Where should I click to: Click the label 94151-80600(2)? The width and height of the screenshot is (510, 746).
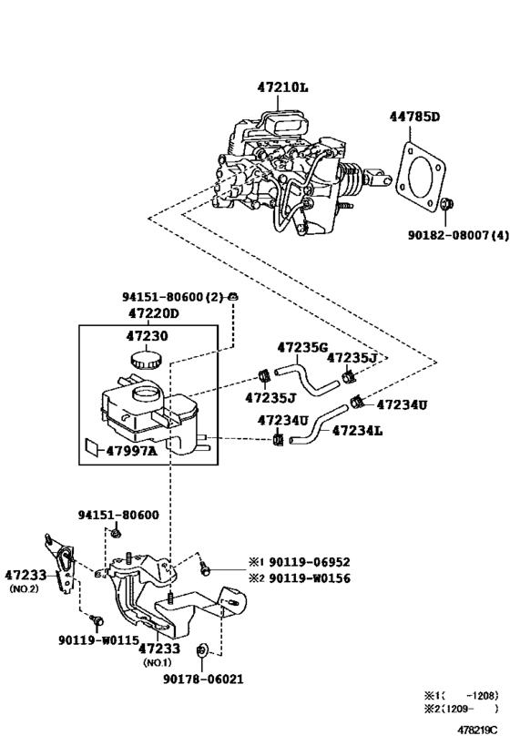click(x=173, y=297)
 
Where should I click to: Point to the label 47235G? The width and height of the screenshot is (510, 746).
click(x=301, y=347)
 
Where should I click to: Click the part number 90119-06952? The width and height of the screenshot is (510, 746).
click(x=305, y=562)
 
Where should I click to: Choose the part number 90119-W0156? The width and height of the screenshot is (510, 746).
click(x=305, y=577)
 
